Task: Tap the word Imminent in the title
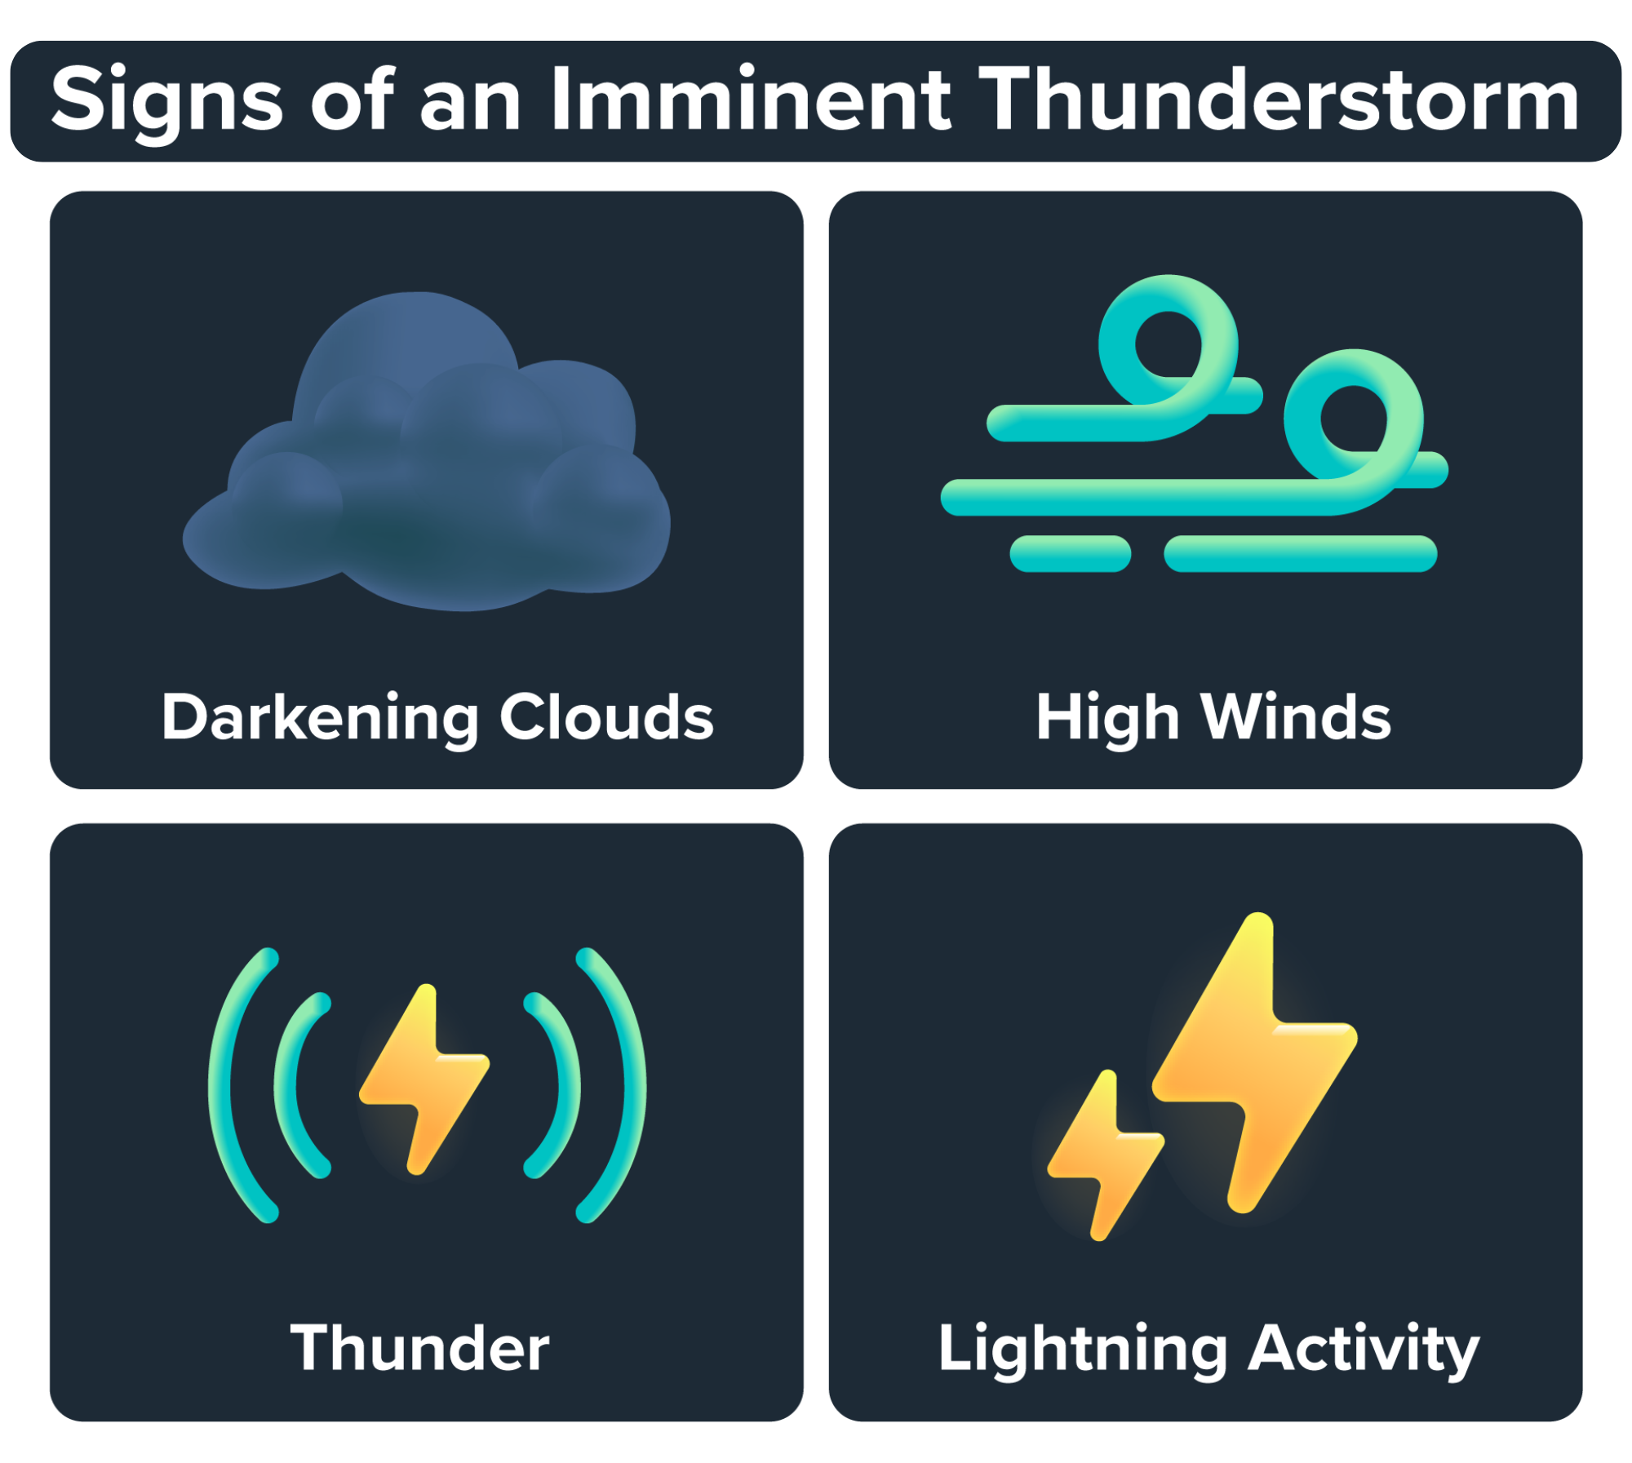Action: point(751,100)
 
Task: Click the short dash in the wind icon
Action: point(1070,554)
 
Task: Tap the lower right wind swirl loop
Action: point(1355,416)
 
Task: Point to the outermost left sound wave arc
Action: point(224,1085)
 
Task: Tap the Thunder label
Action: point(419,1348)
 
